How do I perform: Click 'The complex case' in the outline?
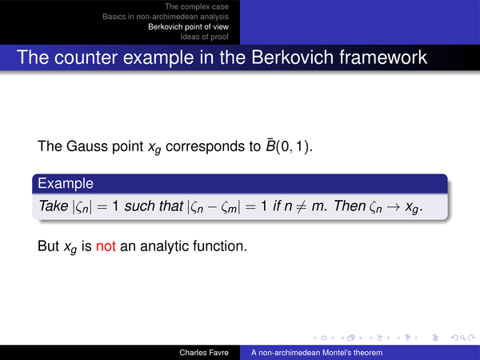click(x=197, y=6)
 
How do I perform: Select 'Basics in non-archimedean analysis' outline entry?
click(x=166, y=17)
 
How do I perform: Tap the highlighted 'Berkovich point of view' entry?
click(x=188, y=27)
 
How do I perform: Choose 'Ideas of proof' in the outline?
click(x=204, y=37)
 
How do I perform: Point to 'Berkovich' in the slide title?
click(x=292, y=58)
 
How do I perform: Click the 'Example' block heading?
click(x=66, y=183)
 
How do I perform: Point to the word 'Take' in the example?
click(x=54, y=206)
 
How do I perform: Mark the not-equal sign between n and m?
click(x=302, y=206)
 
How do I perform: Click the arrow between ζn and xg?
click(x=393, y=206)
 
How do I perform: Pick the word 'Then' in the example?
click(x=350, y=206)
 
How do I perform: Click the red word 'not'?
click(x=106, y=246)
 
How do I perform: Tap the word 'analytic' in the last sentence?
click(x=164, y=246)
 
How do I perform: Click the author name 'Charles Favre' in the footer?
click(x=204, y=353)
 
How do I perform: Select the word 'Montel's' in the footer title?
click(x=337, y=353)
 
